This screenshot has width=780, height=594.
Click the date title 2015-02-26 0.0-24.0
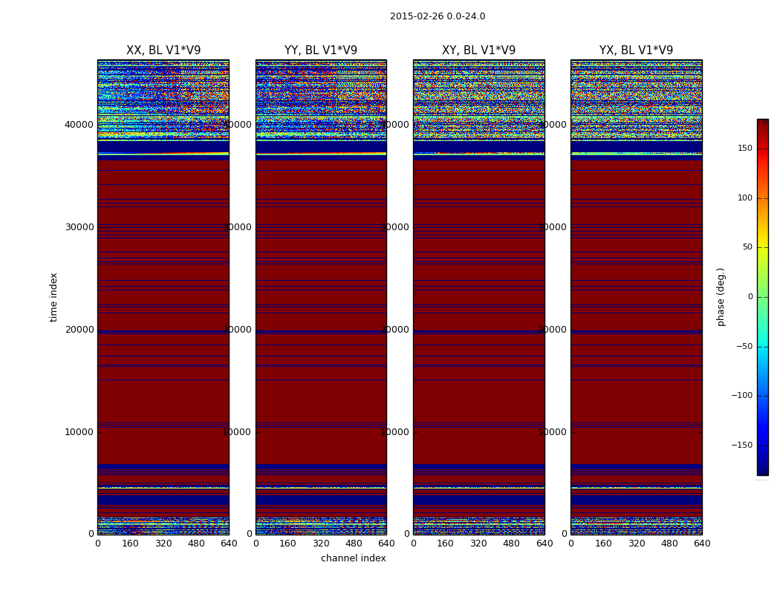click(438, 16)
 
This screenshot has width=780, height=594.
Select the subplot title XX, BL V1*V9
click(163, 50)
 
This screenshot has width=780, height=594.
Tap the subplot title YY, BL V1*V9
click(321, 50)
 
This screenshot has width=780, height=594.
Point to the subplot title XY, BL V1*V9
click(479, 50)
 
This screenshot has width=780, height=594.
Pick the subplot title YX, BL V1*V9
click(637, 50)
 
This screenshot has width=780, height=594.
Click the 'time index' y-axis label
click(54, 297)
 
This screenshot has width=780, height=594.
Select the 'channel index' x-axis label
click(354, 558)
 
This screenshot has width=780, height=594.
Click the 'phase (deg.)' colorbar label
click(721, 297)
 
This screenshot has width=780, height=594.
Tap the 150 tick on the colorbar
click(744, 148)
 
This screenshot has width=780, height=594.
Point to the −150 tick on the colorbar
click(743, 446)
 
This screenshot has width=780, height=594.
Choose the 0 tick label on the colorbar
click(750, 297)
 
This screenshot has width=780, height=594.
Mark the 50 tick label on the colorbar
click(747, 247)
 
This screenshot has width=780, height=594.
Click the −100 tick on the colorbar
click(743, 396)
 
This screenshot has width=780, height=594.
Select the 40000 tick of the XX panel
click(79, 125)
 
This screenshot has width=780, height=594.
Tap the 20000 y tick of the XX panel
click(79, 330)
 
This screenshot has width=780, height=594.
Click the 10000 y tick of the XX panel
click(79, 432)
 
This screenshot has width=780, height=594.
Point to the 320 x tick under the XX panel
click(163, 544)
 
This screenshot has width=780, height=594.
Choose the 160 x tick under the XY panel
click(446, 544)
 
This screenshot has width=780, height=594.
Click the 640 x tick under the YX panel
click(702, 544)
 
